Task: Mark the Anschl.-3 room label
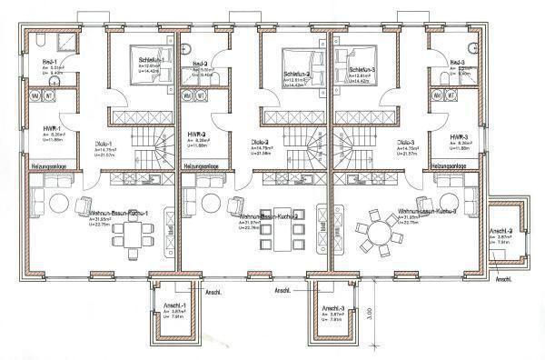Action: click(332, 309)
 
